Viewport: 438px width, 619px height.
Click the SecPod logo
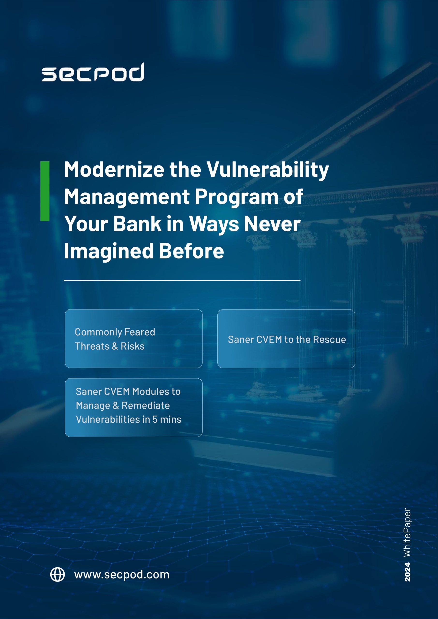[x=93, y=72]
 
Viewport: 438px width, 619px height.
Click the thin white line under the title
[x=182, y=280]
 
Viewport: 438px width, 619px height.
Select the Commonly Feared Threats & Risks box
[x=134, y=339]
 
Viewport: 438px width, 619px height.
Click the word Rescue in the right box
[x=330, y=339]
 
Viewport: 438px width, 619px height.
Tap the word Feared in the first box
[x=140, y=332]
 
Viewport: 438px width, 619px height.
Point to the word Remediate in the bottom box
[x=146, y=405]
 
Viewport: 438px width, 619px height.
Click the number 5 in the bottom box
[x=155, y=420]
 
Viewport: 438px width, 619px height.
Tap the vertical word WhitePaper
[x=408, y=532]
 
